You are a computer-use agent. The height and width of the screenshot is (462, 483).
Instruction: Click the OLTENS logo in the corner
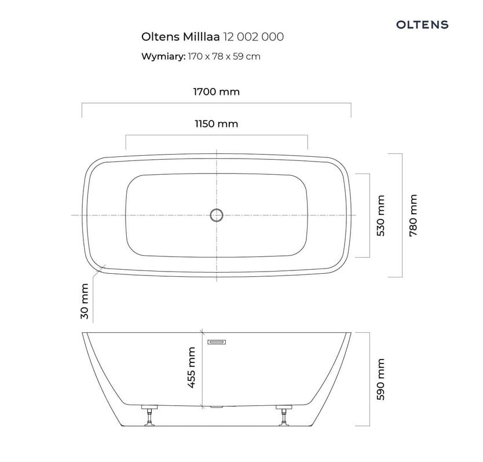[x=422, y=25]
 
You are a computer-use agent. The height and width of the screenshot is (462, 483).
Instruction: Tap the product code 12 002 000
[x=253, y=36]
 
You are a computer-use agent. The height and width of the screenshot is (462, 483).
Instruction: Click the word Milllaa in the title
[x=201, y=36]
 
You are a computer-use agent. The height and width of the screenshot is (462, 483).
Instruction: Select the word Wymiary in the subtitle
[x=163, y=56]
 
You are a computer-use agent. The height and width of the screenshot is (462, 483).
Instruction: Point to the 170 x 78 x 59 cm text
[x=224, y=56]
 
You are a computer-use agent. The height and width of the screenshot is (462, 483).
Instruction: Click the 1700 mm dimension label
[x=216, y=92]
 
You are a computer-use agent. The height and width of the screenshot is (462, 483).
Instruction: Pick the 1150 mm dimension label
[x=216, y=124]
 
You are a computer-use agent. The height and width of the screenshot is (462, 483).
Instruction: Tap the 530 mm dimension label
[x=381, y=215]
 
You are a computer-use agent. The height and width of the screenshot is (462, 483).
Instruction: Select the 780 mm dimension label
[x=413, y=215]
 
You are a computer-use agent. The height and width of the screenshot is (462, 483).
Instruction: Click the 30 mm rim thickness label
[x=85, y=301]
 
